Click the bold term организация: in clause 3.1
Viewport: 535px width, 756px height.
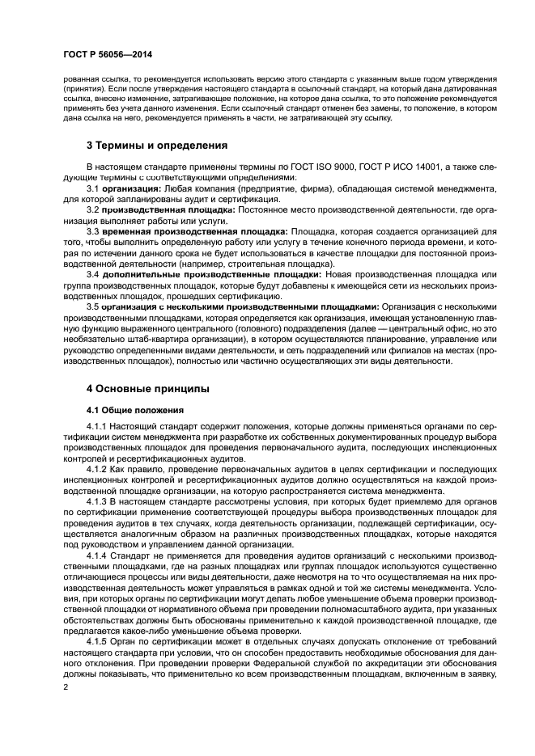pyautogui.click(x=134, y=188)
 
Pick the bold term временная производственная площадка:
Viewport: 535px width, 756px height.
pyautogui.click(x=194, y=230)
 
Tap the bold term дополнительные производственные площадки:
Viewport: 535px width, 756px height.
pyautogui.click(x=210, y=274)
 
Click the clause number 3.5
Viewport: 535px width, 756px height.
pyautogui.click(x=93, y=307)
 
